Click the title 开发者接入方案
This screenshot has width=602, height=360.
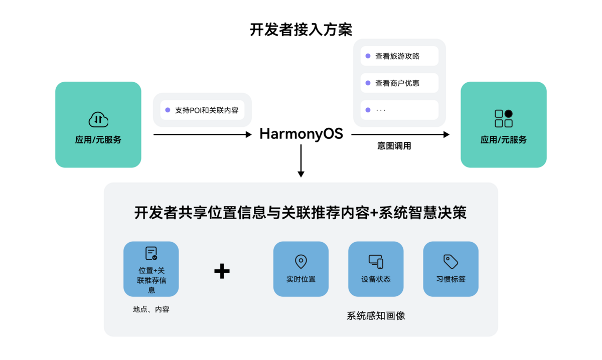pyautogui.click(x=301, y=30)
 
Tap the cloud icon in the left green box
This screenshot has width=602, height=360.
pyautogui.click(x=98, y=119)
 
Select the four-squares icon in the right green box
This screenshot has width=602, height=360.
pyautogui.click(x=503, y=119)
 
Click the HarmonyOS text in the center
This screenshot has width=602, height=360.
pyautogui.click(x=301, y=134)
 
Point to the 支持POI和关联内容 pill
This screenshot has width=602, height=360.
pyautogui.click(x=202, y=110)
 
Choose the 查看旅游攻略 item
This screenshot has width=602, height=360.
pyautogui.click(x=399, y=56)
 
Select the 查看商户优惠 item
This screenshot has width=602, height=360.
pyautogui.click(x=399, y=83)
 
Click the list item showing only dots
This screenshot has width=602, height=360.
pyautogui.click(x=399, y=110)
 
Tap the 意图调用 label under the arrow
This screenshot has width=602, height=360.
pyautogui.click(x=394, y=146)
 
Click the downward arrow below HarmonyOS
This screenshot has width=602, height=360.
pyautogui.click(x=301, y=160)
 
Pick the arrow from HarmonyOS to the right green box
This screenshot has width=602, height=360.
pyautogui.click(x=400, y=134)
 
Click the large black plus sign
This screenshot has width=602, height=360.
pyautogui.click(x=222, y=271)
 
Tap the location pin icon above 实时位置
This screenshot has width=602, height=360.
pyautogui.click(x=301, y=261)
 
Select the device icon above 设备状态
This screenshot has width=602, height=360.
pyautogui.click(x=376, y=261)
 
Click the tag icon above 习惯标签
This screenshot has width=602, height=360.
pyautogui.click(x=450, y=261)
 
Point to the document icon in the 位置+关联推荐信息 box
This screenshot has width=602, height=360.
pyautogui.click(x=151, y=253)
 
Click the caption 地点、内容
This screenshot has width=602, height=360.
pyautogui.click(x=151, y=309)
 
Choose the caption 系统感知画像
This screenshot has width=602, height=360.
pyautogui.click(x=376, y=316)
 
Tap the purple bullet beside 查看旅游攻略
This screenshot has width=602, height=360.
pyautogui.click(x=368, y=56)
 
